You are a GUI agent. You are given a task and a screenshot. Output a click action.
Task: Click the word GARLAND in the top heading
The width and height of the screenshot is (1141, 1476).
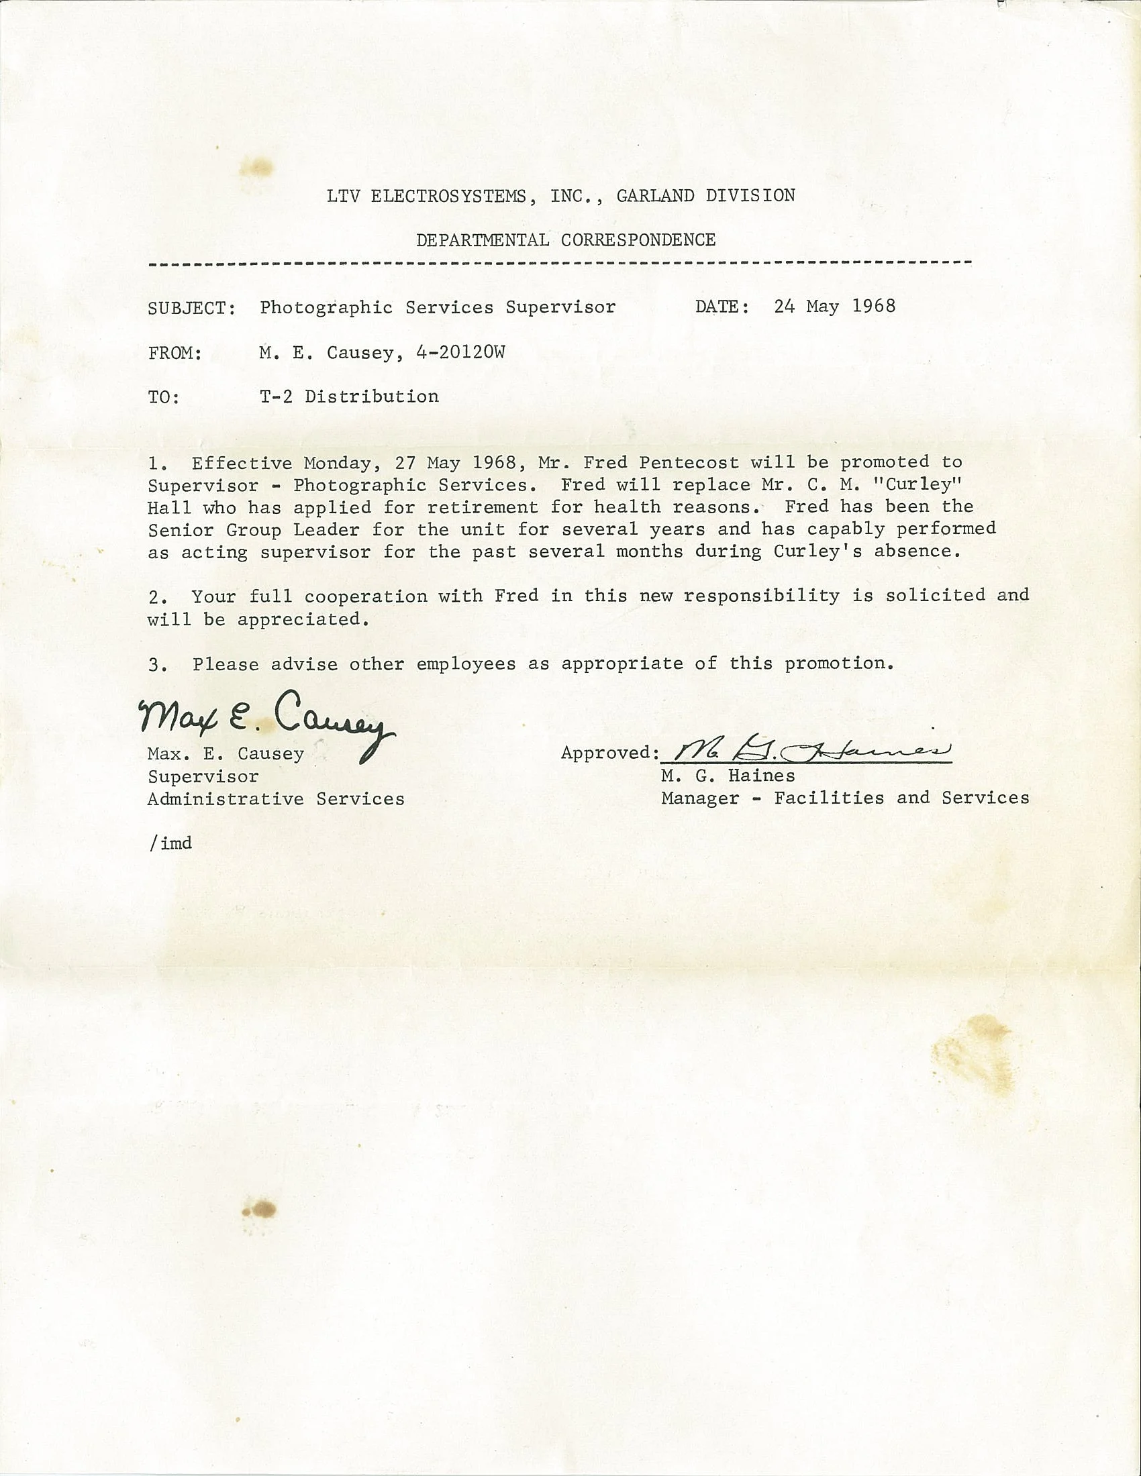pyautogui.click(x=655, y=196)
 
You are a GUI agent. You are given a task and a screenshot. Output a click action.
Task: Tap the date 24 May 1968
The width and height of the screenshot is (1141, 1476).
pyautogui.click(x=834, y=306)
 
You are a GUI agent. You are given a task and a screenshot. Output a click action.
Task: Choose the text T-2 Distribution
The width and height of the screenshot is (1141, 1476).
pyautogui.click(x=349, y=396)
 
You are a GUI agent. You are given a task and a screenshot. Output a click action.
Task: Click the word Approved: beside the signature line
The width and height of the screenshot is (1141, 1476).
pyautogui.click(x=609, y=753)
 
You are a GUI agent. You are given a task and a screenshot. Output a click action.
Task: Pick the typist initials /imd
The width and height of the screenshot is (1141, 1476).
pyautogui.click(x=170, y=843)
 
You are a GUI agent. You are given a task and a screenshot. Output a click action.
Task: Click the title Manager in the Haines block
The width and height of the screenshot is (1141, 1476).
pyautogui.click(x=699, y=798)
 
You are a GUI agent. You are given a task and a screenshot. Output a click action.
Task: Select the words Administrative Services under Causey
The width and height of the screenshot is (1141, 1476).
pyautogui.click(x=276, y=799)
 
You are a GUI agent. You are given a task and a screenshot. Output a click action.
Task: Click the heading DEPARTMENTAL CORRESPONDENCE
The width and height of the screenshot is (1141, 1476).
pyautogui.click(x=565, y=240)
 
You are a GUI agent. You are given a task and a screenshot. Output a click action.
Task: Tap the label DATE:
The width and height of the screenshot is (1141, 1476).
pyautogui.click(x=722, y=307)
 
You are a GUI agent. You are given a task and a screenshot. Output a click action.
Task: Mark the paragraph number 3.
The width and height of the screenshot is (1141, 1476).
pyautogui.click(x=155, y=665)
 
